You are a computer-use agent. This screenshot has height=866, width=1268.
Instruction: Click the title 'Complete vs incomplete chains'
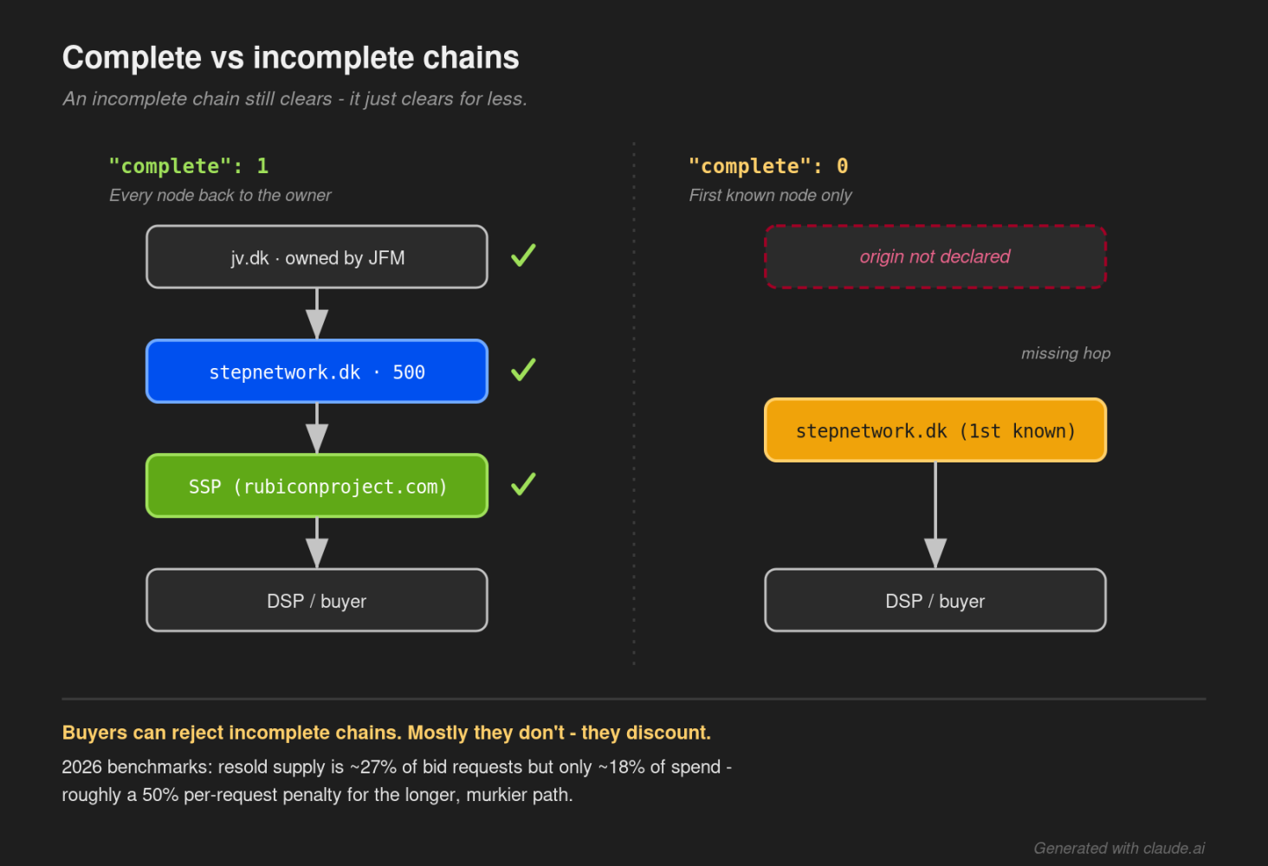coord(290,58)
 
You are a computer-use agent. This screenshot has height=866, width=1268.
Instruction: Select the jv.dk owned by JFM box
coord(317,257)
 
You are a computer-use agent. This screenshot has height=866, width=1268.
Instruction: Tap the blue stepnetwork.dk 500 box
coord(317,372)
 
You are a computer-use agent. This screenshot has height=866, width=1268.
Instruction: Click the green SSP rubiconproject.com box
coord(317,486)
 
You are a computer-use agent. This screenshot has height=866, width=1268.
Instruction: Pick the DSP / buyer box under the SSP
coord(317,600)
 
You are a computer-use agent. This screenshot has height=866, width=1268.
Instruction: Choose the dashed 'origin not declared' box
coord(935,257)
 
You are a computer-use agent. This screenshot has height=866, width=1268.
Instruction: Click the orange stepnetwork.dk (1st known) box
coord(935,430)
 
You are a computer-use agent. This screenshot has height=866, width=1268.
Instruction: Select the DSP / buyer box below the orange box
coord(935,600)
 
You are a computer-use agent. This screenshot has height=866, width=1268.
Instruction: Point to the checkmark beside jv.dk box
coord(523,255)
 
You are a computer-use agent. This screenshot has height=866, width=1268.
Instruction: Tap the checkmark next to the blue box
coord(523,370)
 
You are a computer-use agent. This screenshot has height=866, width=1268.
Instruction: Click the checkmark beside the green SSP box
coord(523,484)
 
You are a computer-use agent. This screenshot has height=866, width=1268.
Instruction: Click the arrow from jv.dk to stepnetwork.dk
coord(317,314)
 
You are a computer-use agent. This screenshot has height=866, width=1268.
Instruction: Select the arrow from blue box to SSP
coord(317,429)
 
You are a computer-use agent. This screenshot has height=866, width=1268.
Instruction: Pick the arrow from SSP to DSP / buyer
coord(317,543)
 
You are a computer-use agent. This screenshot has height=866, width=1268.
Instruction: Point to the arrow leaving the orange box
coord(935,515)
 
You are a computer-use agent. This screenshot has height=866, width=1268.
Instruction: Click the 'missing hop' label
coord(1066,353)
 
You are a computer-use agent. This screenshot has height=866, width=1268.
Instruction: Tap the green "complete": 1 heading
coord(189,166)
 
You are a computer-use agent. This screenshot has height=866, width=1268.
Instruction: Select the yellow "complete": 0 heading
coord(768,166)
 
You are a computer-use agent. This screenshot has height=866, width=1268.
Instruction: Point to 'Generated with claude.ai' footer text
coord(1119,848)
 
